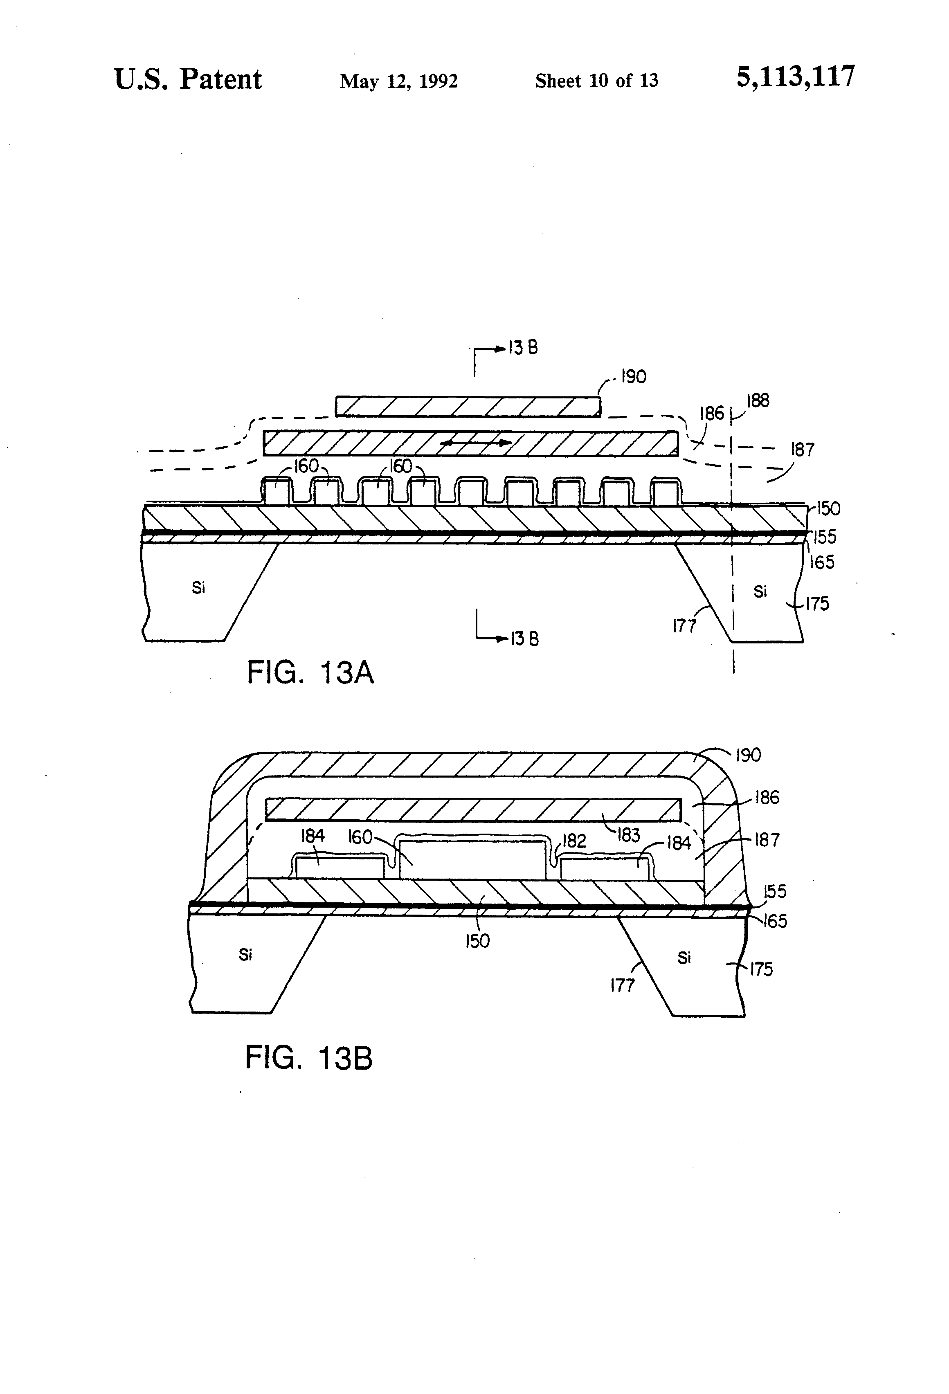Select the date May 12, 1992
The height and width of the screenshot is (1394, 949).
pyautogui.click(x=398, y=81)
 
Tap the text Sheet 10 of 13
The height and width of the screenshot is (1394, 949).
pyautogui.click(x=596, y=81)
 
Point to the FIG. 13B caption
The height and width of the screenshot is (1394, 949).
pyautogui.click(x=308, y=1057)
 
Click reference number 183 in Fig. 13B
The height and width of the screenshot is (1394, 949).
pyautogui.click(x=627, y=835)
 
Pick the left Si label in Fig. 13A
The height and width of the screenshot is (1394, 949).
pyautogui.click(x=198, y=588)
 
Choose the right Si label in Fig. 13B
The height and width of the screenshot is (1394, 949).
pyautogui.click(x=684, y=958)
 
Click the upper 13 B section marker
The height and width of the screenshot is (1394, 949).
pyautogui.click(x=522, y=348)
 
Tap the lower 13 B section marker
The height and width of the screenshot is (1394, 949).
pyautogui.click(x=524, y=639)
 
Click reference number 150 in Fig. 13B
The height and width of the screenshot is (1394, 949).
pyautogui.click(x=477, y=940)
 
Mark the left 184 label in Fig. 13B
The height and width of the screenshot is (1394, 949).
pyautogui.click(x=312, y=836)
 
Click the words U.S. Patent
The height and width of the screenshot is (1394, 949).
pyautogui.click(x=188, y=79)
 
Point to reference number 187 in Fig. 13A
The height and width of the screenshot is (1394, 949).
pyautogui.click(x=802, y=449)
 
